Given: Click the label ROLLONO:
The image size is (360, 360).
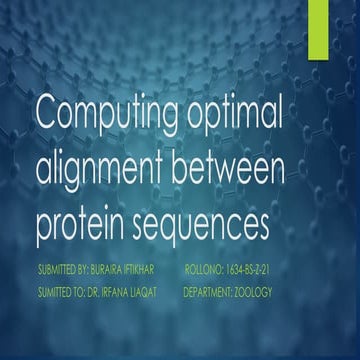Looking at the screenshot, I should [x=206, y=270].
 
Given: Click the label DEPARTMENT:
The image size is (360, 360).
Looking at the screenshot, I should [x=212, y=293].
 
